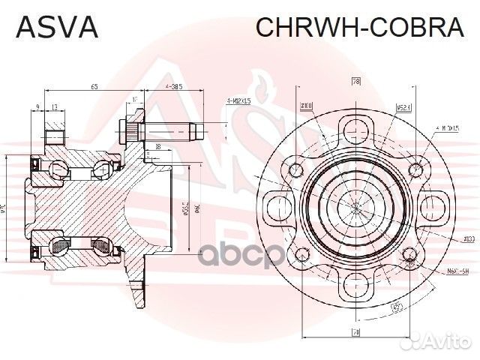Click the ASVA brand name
[x=57, y=27]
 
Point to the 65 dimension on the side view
[x=94, y=88]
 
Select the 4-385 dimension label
[x=174, y=88]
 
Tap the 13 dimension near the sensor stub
[x=55, y=107]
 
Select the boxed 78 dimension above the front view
[x=356, y=81]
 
